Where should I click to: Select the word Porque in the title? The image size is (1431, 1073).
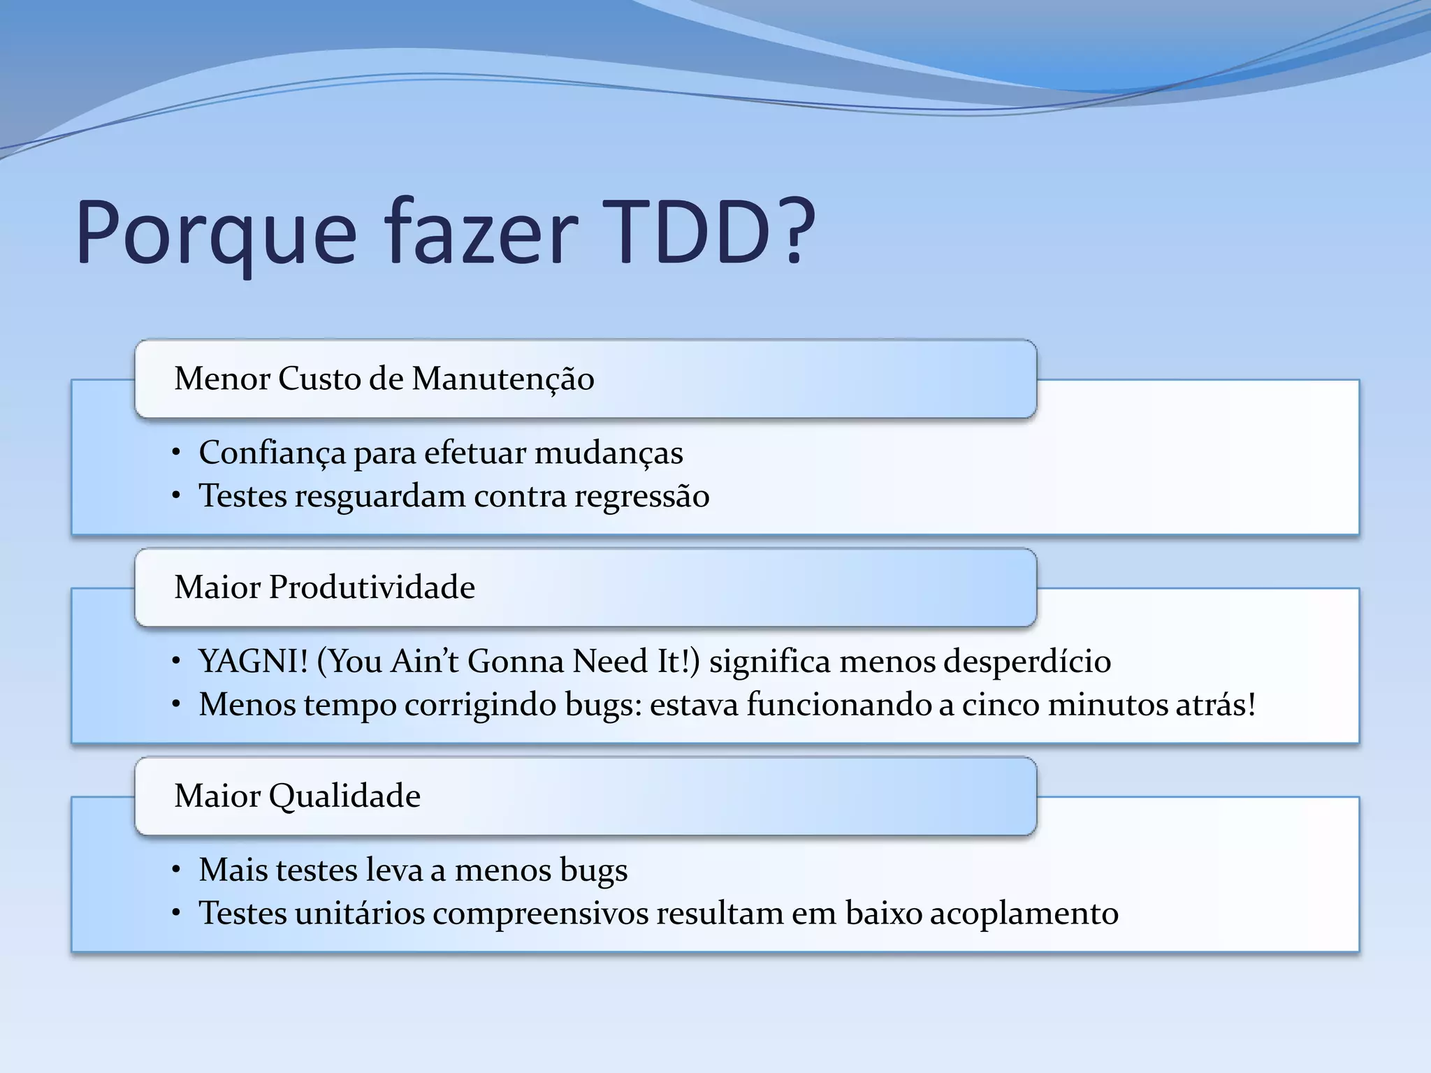coord(216,234)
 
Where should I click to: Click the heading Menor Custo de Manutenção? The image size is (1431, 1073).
coord(384,379)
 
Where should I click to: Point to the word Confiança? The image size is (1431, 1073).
coord(273,453)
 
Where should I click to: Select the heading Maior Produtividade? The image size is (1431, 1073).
coord(324,587)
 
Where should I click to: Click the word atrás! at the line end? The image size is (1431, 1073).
coord(1215,704)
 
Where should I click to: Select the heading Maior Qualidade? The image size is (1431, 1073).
coord(297,796)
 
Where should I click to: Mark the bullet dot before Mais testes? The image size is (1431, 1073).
coord(177,870)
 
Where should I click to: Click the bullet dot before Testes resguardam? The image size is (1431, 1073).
coord(177,497)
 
